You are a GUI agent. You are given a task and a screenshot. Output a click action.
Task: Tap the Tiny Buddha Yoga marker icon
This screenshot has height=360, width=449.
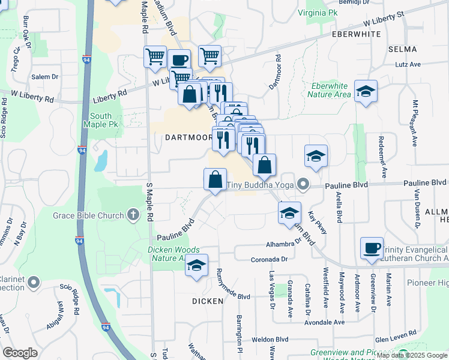(304, 185)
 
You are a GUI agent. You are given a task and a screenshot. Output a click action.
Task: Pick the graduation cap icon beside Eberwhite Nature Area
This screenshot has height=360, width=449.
(366, 91)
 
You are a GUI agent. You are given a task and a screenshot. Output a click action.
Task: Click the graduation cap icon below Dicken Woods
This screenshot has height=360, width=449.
(196, 265)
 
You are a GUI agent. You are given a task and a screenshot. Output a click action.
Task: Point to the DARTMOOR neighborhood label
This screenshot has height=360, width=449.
(188, 137)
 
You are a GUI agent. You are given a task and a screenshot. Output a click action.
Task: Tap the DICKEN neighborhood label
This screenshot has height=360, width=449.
(208, 300)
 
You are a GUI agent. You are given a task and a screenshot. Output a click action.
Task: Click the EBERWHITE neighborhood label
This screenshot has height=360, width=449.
(356, 35)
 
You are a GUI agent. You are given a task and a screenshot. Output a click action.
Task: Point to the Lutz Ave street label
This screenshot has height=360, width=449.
(408, 64)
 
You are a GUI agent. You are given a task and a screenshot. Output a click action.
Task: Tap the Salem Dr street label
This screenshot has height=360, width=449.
(45, 77)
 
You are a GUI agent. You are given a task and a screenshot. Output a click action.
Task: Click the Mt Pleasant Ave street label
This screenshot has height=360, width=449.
(414, 123)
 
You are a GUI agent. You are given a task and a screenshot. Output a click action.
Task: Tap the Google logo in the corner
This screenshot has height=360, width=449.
(20, 353)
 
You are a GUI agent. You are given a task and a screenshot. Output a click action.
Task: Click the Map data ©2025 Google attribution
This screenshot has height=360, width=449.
(411, 355)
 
